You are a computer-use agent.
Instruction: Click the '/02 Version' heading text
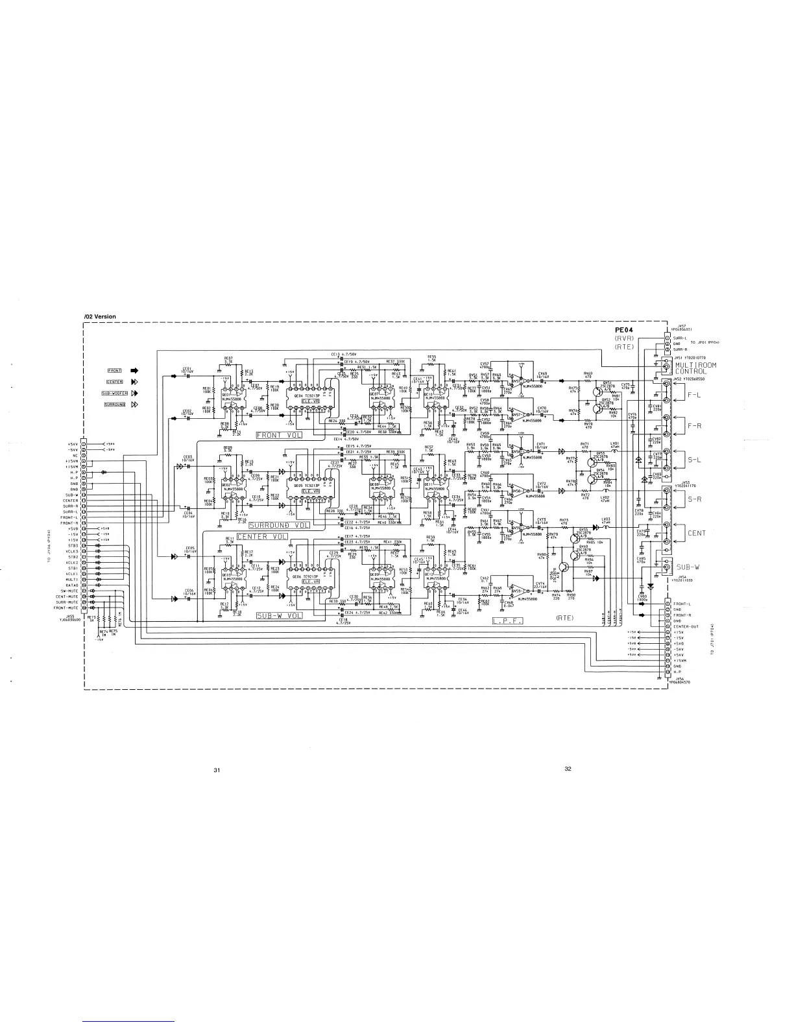pos(100,316)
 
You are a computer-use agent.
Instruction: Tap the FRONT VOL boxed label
pos(280,434)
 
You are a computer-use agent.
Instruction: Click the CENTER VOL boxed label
pos(261,537)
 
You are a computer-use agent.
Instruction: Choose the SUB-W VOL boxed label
pos(280,615)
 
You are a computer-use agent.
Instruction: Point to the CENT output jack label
pos(697,534)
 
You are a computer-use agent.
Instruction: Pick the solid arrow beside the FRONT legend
pos(136,371)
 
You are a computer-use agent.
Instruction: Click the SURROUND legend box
pos(114,405)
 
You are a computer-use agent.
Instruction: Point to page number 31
pos(217,770)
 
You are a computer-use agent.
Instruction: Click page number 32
pos(568,769)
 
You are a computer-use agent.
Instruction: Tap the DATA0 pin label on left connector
pos(71,585)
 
